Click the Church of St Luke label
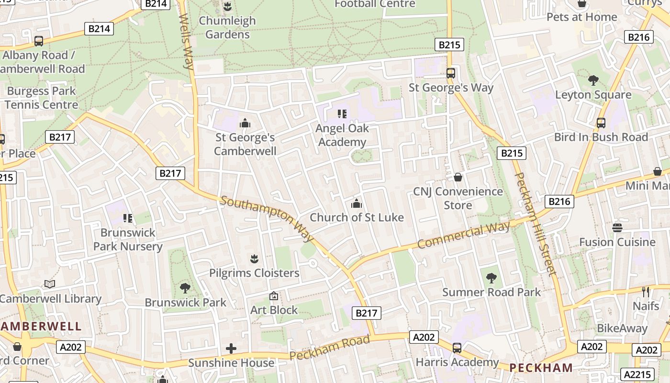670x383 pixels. click(x=357, y=217)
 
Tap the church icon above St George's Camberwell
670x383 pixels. click(x=245, y=124)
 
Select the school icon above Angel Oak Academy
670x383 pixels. click(x=342, y=114)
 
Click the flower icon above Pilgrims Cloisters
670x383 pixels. click(x=254, y=259)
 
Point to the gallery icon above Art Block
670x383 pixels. click(x=274, y=296)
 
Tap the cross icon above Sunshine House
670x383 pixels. click(x=231, y=348)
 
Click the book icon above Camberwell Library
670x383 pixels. click(x=50, y=284)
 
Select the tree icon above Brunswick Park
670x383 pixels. click(x=185, y=288)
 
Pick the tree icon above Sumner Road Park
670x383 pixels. click(x=491, y=278)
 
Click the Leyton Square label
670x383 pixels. click(x=593, y=95)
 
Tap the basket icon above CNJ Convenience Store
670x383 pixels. click(x=458, y=177)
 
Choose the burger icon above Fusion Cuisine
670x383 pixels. click(x=617, y=227)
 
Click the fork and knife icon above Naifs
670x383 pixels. click(x=646, y=292)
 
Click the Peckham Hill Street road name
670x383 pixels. click(x=536, y=224)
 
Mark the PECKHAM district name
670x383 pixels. click(x=541, y=368)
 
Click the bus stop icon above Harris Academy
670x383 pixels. click(x=457, y=348)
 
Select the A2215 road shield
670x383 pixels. click(x=636, y=374)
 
